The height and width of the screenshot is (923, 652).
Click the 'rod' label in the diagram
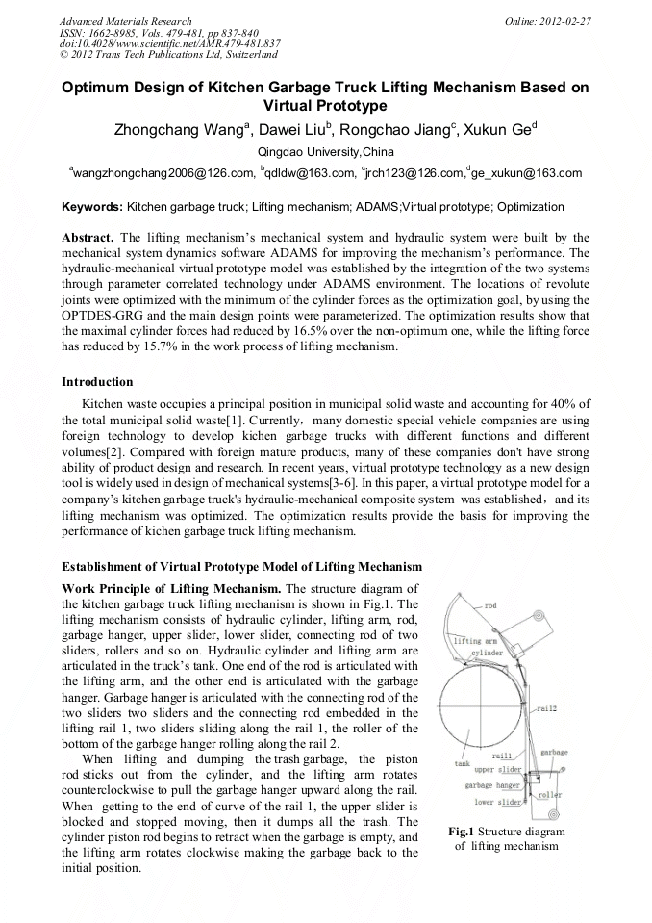[489, 606]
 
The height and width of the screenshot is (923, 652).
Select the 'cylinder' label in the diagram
[486, 652]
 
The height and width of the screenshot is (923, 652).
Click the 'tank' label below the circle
[462, 763]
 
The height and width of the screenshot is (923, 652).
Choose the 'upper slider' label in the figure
[498, 770]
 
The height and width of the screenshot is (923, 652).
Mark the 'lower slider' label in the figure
[498, 801]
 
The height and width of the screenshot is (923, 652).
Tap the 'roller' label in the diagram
[550, 795]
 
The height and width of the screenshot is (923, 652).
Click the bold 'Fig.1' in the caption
[461, 832]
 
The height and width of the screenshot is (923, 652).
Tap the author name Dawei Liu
[288, 131]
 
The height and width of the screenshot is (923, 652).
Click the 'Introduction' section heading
[97, 382]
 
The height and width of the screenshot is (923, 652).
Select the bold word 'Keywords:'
[92, 206]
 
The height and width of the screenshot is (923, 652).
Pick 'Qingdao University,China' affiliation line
[326, 152]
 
